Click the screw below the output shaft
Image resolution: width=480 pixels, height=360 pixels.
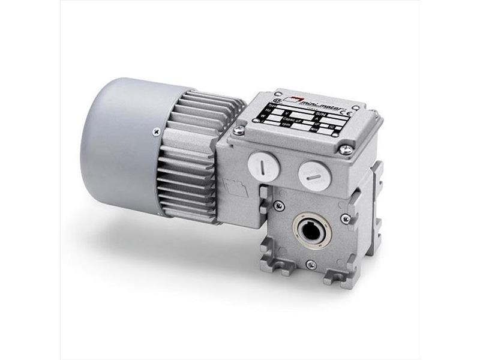coord(310,265)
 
